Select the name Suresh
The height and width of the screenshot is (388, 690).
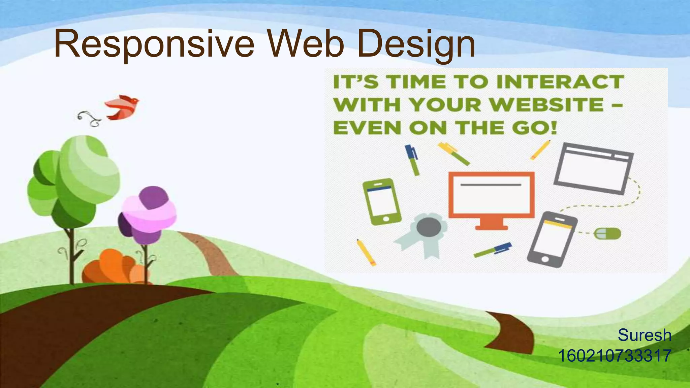point(644,335)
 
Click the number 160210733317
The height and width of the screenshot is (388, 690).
point(615,356)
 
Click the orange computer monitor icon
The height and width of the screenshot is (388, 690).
point(491,195)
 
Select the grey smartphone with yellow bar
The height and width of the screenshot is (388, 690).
point(552,239)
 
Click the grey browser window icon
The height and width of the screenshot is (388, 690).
point(593,168)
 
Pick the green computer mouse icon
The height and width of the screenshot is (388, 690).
point(607,233)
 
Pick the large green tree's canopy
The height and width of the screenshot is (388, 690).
point(74,179)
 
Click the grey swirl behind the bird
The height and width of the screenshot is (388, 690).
point(89,119)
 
